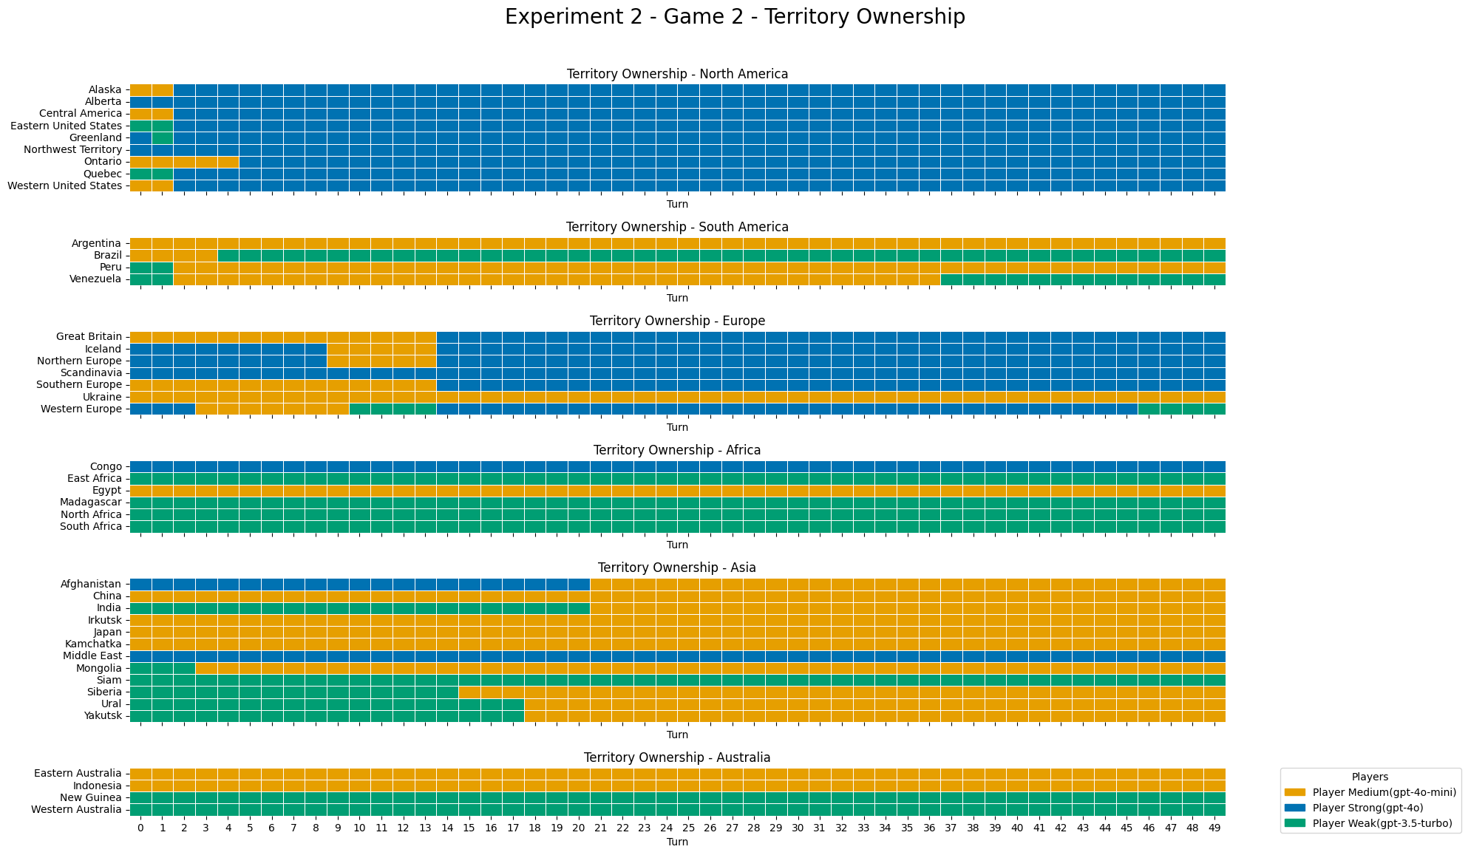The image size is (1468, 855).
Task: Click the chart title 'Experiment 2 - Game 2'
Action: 734,17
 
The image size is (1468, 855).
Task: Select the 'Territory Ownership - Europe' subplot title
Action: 677,321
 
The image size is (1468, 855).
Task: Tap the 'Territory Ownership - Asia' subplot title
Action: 677,568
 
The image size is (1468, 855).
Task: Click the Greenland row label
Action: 95,137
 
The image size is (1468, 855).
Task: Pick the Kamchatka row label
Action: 93,644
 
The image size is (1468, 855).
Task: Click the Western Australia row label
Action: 76,809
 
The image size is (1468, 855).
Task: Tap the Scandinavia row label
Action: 91,372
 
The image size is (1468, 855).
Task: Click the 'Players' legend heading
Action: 1370,777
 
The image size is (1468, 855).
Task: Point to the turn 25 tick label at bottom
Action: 688,828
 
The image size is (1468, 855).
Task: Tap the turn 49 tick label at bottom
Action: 1214,828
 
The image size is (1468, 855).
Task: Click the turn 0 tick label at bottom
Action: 140,828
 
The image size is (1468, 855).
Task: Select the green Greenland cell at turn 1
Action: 163,137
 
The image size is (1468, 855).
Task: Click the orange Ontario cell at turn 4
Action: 228,162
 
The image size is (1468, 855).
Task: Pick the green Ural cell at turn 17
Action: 513,704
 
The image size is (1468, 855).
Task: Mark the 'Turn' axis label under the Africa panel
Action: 677,545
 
